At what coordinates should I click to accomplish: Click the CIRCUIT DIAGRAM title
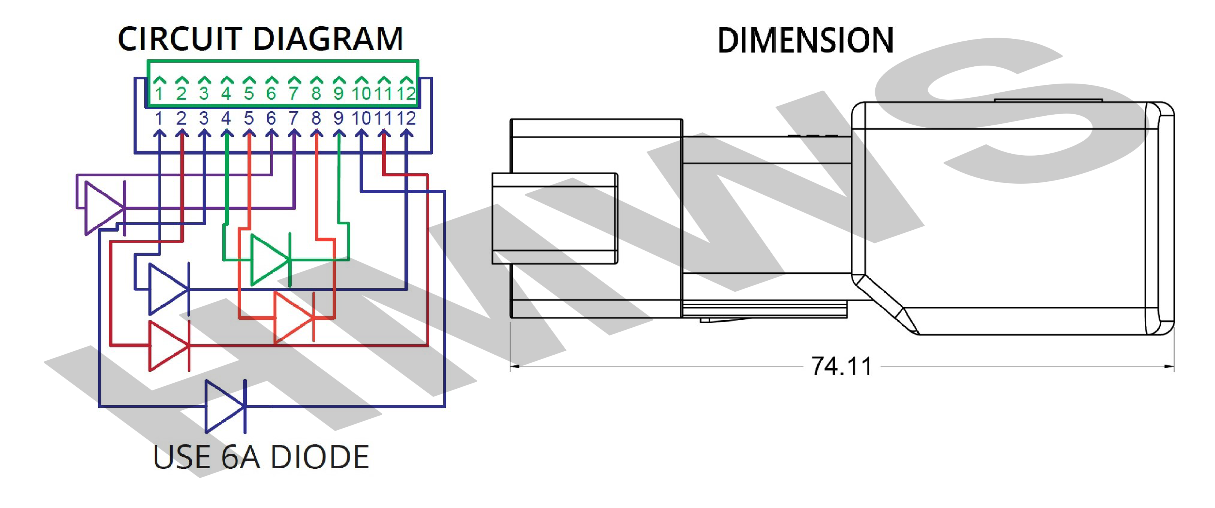pyautogui.click(x=260, y=39)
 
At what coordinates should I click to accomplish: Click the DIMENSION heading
pyautogui.click(x=805, y=41)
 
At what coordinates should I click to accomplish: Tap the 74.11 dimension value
pyautogui.click(x=842, y=366)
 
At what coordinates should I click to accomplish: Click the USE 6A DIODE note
pyautogui.click(x=261, y=457)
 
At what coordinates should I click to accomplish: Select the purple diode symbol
pyautogui.click(x=105, y=208)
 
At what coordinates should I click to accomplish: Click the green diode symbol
pyautogui.click(x=270, y=260)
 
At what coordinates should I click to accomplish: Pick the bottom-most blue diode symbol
pyautogui.click(x=225, y=406)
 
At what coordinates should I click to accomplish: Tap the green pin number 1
pyautogui.click(x=159, y=93)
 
